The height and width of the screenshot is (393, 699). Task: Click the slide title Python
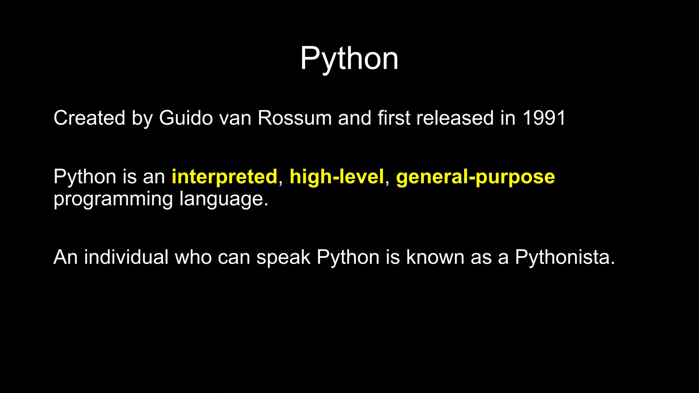(x=349, y=59)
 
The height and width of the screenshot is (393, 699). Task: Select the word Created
(x=89, y=118)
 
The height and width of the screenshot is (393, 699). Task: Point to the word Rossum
(x=295, y=118)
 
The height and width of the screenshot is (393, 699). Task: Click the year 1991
(x=544, y=118)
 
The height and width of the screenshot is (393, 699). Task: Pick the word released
(x=455, y=118)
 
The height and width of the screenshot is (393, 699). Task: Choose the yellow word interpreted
(x=224, y=177)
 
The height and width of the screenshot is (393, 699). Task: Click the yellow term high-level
(x=337, y=177)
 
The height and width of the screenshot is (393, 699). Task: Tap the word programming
(x=113, y=199)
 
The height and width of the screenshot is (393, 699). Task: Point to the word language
(x=224, y=199)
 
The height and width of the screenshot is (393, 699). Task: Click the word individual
(x=126, y=257)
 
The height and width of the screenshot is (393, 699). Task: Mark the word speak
(x=283, y=257)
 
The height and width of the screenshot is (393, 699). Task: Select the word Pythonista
(x=565, y=257)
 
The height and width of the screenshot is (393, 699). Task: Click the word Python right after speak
(x=348, y=258)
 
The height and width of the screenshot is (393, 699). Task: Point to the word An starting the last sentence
(x=66, y=257)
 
